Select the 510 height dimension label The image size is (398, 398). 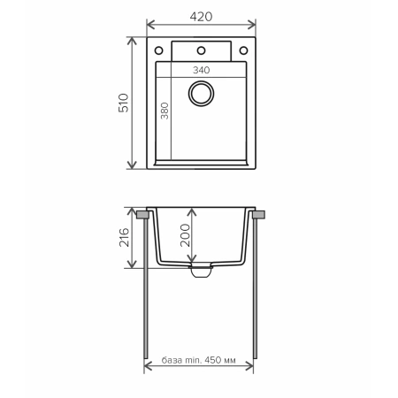pos(125,103)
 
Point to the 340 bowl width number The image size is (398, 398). pos(200,70)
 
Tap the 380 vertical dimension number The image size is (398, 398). pos(165,111)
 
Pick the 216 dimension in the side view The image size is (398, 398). pos(125,237)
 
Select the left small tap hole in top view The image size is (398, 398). pos(160,50)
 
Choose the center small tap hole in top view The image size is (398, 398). pos(201,50)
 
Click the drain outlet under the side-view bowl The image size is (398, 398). pos(201,269)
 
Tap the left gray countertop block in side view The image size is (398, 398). pos(142,214)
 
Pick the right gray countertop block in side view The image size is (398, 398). pos(258,214)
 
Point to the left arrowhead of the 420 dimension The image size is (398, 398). pos(149,24)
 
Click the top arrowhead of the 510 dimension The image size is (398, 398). pos(133,41)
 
